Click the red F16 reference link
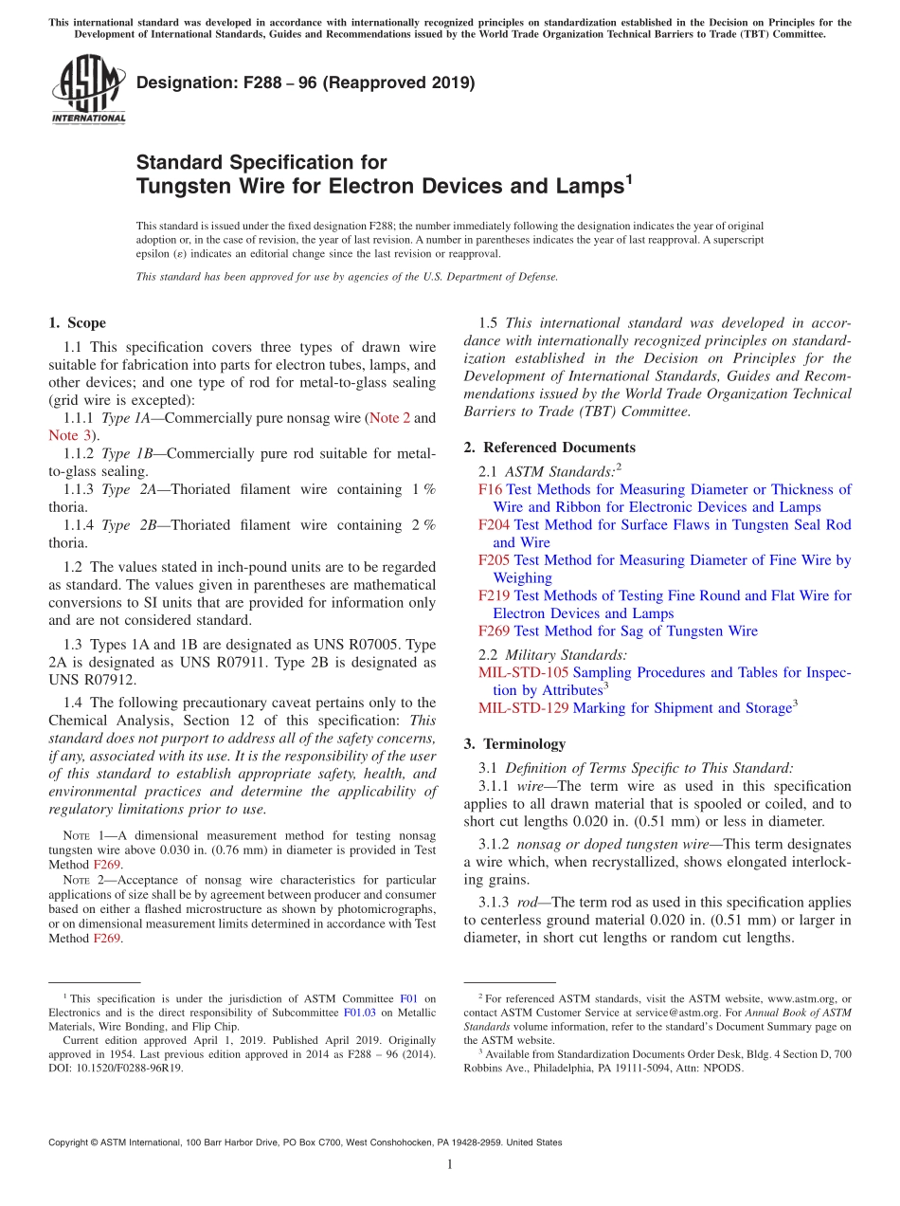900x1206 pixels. [x=491, y=489]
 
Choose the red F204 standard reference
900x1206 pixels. [x=495, y=524]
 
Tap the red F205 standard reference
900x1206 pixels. [x=495, y=560]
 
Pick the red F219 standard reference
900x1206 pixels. [x=495, y=595]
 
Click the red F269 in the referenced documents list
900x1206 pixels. [x=495, y=630]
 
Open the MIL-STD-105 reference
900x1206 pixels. [x=523, y=672]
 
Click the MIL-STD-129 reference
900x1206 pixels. [x=523, y=708]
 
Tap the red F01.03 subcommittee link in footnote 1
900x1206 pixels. [x=358, y=1012]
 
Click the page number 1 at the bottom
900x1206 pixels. [x=450, y=1164]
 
